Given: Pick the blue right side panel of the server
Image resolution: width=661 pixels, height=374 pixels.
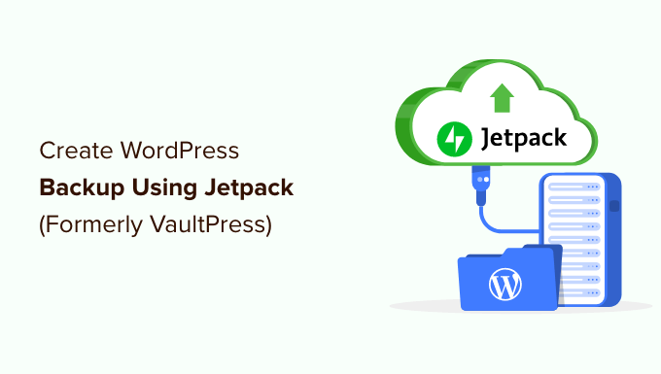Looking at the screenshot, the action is click(x=612, y=238).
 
